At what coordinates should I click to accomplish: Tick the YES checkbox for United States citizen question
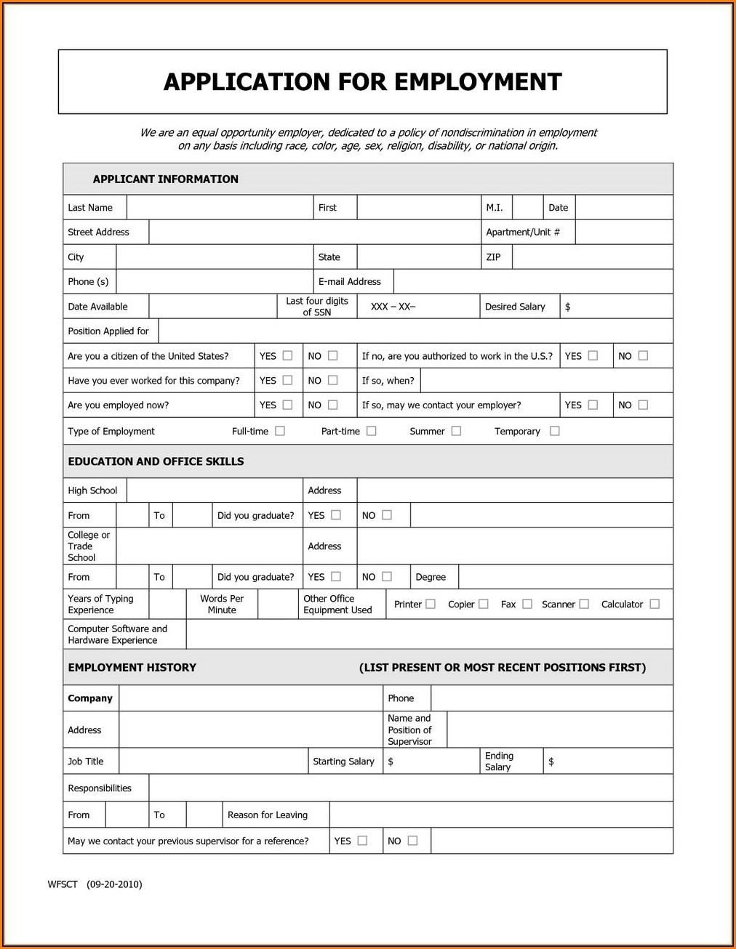coord(287,355)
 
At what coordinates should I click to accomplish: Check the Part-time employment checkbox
coord(371,431)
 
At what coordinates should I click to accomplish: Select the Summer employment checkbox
coord(456,431)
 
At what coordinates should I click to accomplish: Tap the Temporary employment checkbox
coord(554,431)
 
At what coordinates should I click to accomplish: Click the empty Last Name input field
coord(220,207)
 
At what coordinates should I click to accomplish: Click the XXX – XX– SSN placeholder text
coord(393,307)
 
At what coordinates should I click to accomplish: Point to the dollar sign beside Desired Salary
coord(567,307)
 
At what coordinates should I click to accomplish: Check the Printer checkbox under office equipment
coord(431,604)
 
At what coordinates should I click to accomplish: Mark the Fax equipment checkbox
coord(527,604)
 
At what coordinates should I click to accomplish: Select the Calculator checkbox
coord(655,604)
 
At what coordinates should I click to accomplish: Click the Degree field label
coord(431,577)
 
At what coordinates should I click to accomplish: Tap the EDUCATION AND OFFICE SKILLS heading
coord(156,461)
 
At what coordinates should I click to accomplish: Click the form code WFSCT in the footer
coord(63,884)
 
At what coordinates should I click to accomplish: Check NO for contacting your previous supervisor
coord(412,841)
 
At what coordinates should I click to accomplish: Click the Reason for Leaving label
coord(267,815)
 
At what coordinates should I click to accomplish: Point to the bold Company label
coord(90,698)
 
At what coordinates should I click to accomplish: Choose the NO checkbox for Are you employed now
coord(332,405)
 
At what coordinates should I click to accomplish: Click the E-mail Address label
coord(349,281)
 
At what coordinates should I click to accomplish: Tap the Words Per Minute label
coord(222,604)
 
